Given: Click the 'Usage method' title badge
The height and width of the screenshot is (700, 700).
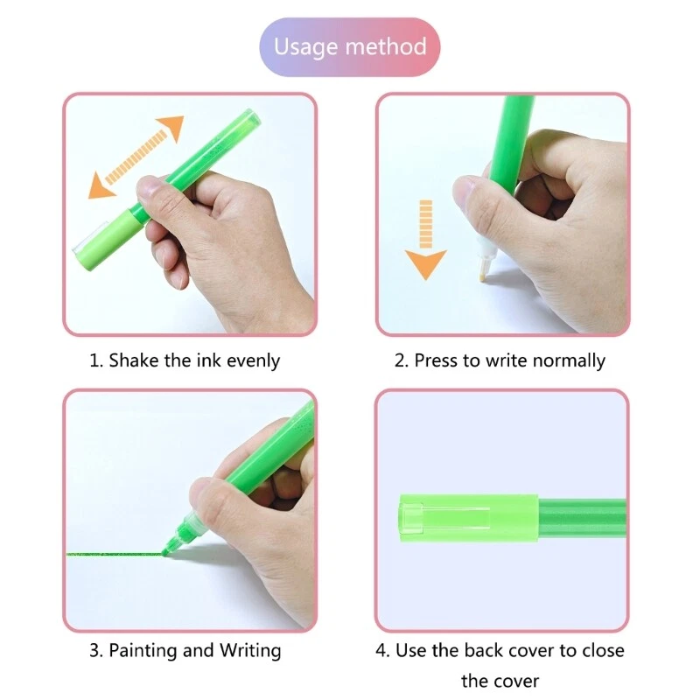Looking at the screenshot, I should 350,46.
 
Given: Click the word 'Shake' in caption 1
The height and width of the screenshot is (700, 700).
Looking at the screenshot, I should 134,360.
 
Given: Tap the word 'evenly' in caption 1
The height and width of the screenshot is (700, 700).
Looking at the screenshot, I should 253,360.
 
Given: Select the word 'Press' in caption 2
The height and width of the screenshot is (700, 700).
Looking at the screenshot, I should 436,360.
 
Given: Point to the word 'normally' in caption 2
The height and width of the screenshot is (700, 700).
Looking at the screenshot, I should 569,360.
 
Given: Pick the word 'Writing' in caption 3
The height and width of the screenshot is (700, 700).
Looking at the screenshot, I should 251,651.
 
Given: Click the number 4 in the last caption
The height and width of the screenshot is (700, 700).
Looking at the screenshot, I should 382,651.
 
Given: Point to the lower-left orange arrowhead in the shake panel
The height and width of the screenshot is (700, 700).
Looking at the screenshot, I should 101,186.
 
